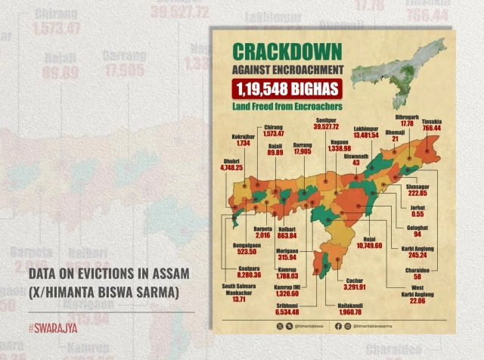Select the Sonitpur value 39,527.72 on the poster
[327, 127]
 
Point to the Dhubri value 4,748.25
[233, 168]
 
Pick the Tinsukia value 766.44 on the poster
[433, 129]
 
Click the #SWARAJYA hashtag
[54, 328]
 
